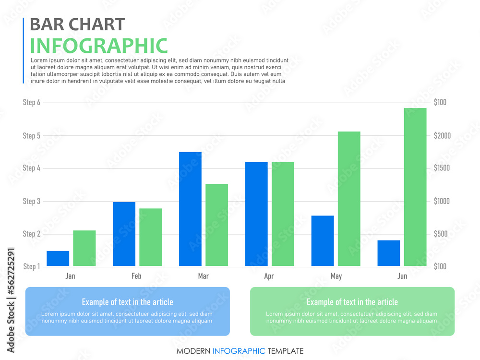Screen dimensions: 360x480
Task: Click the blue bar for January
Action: pos(58,258)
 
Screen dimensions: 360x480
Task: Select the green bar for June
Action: pos(415,187)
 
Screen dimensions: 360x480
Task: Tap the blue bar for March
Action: pos(190,209)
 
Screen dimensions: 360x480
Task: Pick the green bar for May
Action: pos(349,199)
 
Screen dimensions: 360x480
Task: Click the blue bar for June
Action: pos(389,253)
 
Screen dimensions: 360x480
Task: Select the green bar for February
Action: pos(151,237)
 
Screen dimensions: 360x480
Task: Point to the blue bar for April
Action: pos(256,214)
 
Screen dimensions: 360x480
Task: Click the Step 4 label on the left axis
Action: pos(32,168)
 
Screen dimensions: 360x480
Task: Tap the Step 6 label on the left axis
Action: pos(32,102)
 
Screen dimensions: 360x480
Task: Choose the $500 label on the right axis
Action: pos(442,234)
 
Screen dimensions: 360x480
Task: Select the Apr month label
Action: pos(269,276)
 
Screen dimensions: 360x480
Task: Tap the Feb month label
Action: pos(136,276)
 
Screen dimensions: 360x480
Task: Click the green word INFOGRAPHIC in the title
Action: pos(99,46)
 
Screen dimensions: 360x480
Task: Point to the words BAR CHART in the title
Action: pos(77,24)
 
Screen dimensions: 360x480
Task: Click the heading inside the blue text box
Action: pos(127,302)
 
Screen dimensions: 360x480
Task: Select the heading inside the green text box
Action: pos(352,302)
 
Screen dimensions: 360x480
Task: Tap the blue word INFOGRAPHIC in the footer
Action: pos(239,351)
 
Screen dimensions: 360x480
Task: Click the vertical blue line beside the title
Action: pos(24,50)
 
